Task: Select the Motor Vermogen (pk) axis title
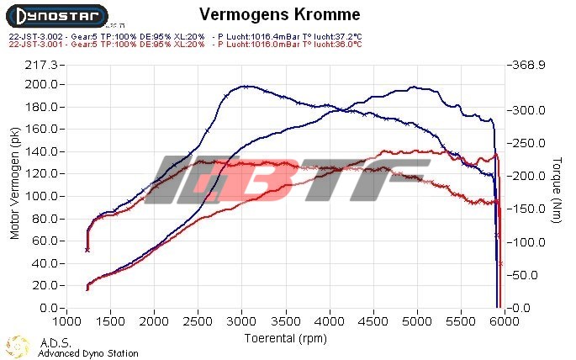pos(14,184)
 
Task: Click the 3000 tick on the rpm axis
pos(241,321)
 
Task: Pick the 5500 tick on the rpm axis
pos(460,321)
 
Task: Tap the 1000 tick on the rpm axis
pos(66,321)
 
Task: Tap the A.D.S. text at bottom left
pos(50,343)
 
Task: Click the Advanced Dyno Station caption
pos(87,353)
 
